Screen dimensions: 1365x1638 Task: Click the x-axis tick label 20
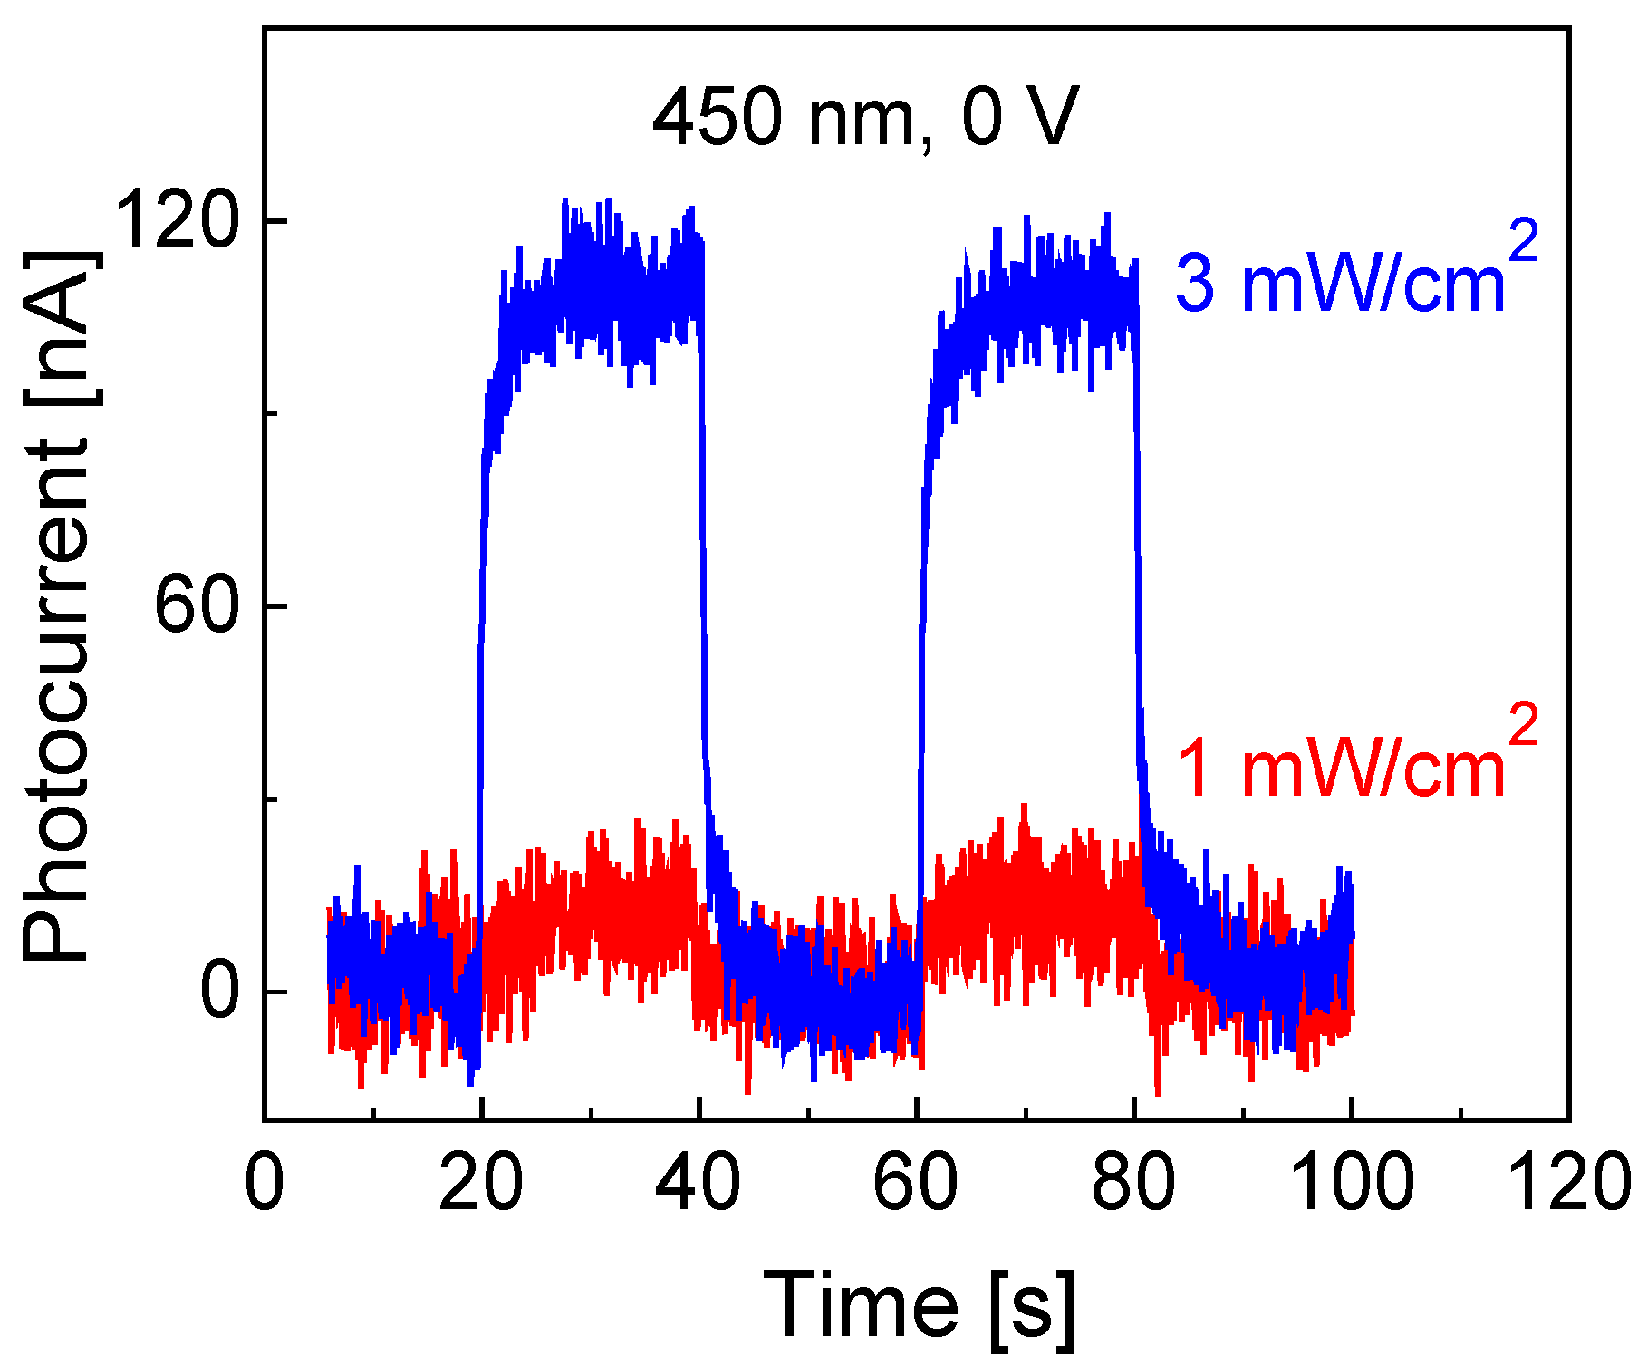point(481,1182)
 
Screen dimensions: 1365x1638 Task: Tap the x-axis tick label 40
point(699,1182)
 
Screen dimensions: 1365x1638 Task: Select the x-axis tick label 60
point(916,1182)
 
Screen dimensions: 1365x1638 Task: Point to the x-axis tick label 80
point(1133,1182)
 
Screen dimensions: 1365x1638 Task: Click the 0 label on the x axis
point(265,1182)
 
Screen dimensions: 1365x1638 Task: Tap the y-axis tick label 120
point(177,220)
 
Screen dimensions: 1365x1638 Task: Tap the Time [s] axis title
point(920,1305)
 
